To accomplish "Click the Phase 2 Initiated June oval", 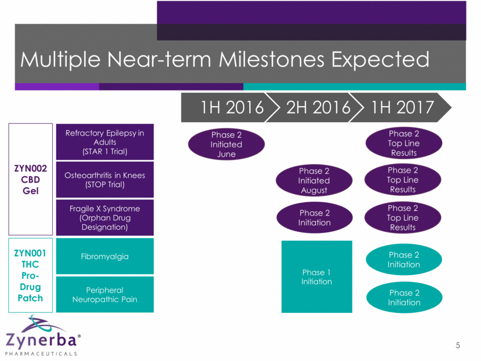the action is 227,144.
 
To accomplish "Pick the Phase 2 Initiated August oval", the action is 314,180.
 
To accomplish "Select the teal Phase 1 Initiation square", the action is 317,276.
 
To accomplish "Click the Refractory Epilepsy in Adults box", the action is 105,142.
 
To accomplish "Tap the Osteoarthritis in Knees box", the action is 105,180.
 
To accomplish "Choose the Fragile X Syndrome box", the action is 105,218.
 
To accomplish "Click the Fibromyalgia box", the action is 105,256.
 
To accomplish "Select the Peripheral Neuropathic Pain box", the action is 105,294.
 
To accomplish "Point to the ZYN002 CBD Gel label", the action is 31,180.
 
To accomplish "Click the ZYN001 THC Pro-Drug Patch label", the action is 30,275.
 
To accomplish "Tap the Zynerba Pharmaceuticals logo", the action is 43,336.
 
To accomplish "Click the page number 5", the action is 458,345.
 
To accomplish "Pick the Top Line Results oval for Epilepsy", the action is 404,143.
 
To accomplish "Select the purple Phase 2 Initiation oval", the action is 315,217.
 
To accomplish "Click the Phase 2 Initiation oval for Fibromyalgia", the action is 404,260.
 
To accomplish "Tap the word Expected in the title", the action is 380,60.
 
